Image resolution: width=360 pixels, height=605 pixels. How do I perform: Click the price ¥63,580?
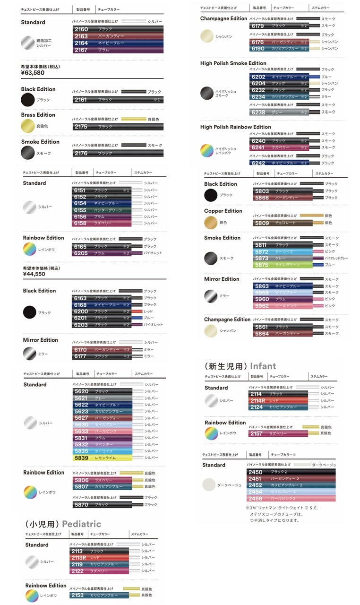pyautogui.click(x=33, y=73)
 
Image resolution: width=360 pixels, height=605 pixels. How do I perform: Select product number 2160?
pyautogui.click(x=81, y=29)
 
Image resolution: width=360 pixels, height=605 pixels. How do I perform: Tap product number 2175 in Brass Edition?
pyautogui.click(x=81, y=127)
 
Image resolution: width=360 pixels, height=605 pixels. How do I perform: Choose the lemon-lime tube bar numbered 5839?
pyautogui.click(x=81, y=458)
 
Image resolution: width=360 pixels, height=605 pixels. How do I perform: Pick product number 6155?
pyautogui.click(x=80, y=210)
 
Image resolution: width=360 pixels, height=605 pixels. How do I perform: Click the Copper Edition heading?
pyautogui.click(x=223, y=211)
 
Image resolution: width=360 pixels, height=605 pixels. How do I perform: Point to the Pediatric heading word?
pyautogui.click(x=80, y=524)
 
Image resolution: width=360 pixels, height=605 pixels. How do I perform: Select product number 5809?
pyautogui.click(x=262, y=223)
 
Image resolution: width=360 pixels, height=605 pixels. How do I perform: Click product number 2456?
pyautogui.click(x=255, y=499)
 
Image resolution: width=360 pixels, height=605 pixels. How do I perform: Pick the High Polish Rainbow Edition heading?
pyautogui.click(x=235, y=127)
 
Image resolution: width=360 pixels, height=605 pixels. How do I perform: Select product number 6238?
pyautogui.click(x=258, y=112)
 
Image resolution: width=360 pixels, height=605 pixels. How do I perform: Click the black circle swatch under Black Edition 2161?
pyautogui.click(x=28, y=100)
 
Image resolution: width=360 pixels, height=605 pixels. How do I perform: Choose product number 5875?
pyautogui.click(x=262, y=265)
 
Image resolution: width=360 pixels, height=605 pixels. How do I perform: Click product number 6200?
pyautogui.click(x=81, y=311)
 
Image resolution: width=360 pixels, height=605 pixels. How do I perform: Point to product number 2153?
pyautogui.click(x=77, y=596)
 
